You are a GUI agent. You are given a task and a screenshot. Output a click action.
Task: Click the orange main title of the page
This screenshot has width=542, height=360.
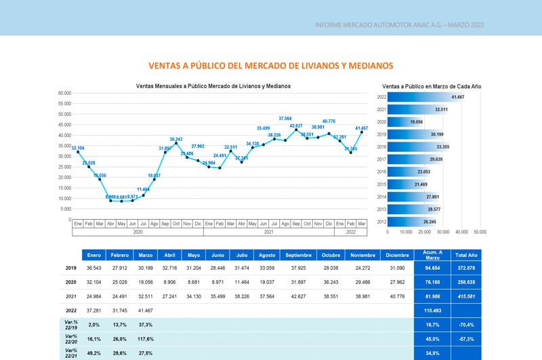(x=270, y=66)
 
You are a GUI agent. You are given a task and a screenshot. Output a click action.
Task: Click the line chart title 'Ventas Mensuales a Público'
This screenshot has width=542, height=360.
(x=213, y=86)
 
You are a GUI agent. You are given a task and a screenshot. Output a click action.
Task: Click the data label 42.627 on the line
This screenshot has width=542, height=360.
(x=296, y=126)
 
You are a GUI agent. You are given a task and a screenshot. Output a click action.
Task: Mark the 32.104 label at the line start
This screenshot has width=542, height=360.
(x=78, y=148)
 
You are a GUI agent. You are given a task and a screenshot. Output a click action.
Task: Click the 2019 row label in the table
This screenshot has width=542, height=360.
(x=71, y=268)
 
